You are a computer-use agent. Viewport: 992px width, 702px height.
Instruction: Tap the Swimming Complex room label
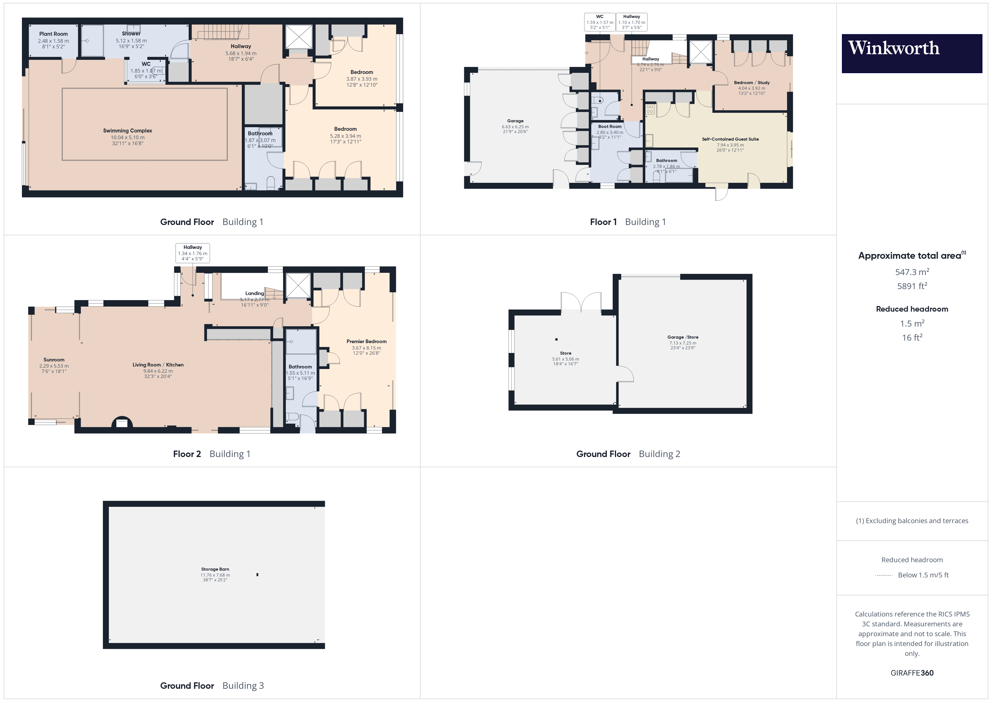pos(127,130)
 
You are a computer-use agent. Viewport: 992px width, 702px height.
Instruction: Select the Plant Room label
pos(53,34)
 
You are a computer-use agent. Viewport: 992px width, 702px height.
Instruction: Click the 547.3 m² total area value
pos(912,272)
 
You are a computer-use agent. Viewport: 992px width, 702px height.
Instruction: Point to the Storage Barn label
pos(215,569)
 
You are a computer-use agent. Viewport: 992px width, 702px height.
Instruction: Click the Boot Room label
pos(610,127)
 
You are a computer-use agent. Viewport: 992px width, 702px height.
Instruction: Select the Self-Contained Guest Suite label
pos(730,139)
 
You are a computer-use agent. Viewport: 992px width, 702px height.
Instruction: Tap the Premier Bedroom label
pos(366,341)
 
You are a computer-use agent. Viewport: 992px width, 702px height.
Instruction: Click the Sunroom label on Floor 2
pos(54,360)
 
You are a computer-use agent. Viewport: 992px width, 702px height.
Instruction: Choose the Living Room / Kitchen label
pos(158,365)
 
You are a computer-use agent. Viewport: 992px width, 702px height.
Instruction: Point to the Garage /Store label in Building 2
pos(683,337)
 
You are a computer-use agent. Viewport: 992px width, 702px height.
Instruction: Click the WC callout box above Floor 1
pos(600,22)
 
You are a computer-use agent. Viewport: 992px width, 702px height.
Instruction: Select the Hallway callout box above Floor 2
pos(193,253)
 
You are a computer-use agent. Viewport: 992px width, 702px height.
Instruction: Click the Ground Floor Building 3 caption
pos(212,686)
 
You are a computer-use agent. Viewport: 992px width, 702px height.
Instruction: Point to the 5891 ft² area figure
pos(912,286)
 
